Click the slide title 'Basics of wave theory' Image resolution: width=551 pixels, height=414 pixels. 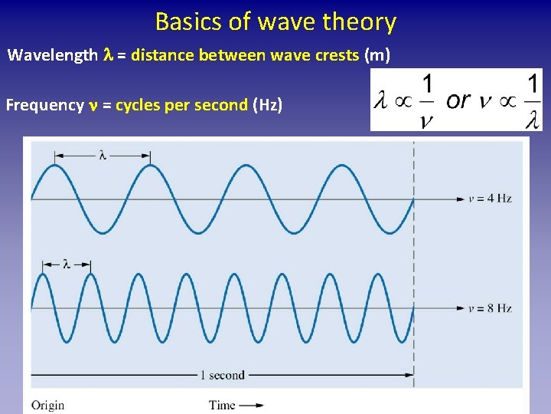(275, 21)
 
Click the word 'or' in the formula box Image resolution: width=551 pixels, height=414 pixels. (458, 100)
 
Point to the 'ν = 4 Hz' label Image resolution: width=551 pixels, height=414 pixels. (490, 199)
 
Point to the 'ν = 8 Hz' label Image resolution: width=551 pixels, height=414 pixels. (490, 308)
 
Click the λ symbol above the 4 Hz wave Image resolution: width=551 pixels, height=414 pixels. (103, 155)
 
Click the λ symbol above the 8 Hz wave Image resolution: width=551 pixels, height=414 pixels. (67, 264)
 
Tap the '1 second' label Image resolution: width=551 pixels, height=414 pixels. (222, 375)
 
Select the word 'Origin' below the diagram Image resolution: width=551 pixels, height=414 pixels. (48, 405)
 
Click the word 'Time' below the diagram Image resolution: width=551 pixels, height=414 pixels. (222, 405)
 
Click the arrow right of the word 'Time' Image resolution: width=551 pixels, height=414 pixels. (252, 405)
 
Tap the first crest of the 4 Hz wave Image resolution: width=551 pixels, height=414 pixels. (55, 166)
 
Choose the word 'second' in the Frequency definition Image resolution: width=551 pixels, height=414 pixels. (223, 105)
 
